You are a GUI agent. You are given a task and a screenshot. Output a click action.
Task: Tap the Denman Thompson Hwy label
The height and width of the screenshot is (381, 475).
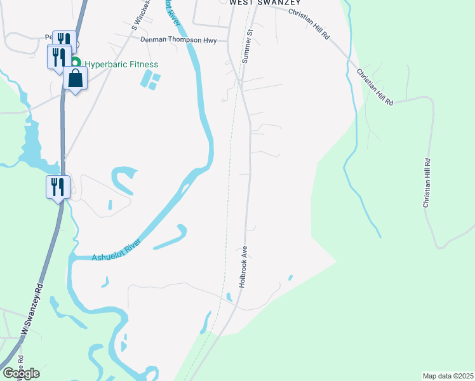(x=178, y=40)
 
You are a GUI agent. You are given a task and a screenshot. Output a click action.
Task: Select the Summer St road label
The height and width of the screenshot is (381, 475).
(x=247, y=45)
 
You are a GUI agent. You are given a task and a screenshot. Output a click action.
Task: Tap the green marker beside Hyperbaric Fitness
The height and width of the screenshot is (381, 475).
(x=76, y=63)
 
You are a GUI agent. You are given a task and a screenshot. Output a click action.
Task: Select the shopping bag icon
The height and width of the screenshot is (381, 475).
(x=75, y=79)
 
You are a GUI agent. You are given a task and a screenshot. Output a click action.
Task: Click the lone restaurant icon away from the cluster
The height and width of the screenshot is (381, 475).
(x=57, y=187)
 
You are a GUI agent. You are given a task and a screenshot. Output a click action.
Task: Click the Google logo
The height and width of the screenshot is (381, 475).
(x=21, y=373)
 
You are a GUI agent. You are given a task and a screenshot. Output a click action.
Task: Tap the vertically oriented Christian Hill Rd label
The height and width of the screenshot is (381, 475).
(x=427, y=183)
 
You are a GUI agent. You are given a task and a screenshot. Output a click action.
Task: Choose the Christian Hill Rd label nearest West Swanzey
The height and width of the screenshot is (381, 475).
(x=309, y=23)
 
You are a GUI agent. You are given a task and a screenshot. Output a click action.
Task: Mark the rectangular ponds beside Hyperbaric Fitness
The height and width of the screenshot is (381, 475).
(x=152, y=81)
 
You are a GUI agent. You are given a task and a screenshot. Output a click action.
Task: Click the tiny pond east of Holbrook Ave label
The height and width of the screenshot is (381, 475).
(x=290, y=277)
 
